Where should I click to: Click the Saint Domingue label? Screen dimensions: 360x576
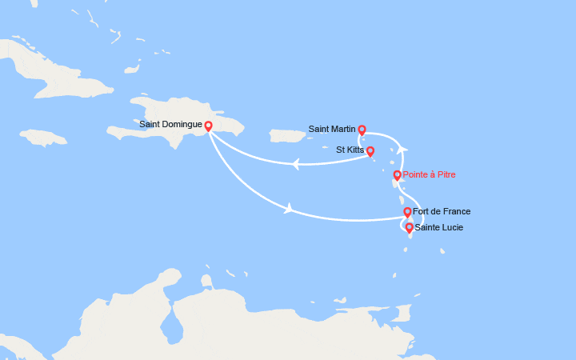[171, 124]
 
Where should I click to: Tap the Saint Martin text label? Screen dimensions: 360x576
[332, 128]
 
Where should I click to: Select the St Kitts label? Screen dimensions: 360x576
[350, 150]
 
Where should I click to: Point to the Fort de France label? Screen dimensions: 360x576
[442, 211]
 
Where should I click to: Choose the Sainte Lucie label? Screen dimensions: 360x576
[438, 227]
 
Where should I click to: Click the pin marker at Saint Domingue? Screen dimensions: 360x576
[208, 126]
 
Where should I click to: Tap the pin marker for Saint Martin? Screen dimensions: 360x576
[362, 130]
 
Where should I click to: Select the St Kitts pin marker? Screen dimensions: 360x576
[370, 150]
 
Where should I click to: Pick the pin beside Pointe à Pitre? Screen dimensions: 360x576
[397, 175]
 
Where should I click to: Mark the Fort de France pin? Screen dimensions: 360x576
[407, 212]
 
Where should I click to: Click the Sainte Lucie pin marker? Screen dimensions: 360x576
[410, 228]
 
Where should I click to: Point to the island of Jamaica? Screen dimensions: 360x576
[44, 138]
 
